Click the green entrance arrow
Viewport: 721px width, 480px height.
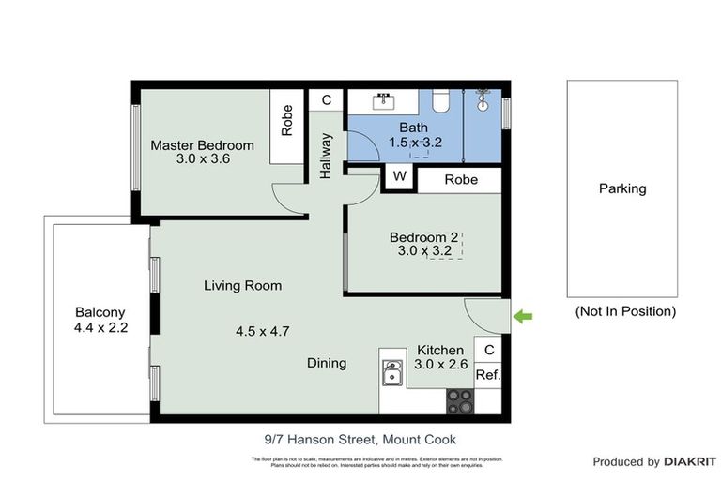pos(522,317)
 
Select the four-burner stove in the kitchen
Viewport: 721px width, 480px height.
pos(459,401)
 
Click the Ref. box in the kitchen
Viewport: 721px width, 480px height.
pos(487,374)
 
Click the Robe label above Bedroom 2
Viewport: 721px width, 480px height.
pos(461,179)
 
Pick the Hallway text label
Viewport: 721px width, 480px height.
pos(326,156)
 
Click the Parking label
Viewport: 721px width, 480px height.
pos(622,188)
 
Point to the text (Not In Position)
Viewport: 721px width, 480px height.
pos(624,311)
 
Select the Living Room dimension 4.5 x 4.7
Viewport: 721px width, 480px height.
pos(264,330)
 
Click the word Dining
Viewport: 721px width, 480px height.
pos(327,363)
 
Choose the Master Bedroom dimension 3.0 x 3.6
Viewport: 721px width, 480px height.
pos(203,159)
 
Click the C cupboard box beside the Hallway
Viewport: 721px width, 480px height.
pos(327,100)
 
